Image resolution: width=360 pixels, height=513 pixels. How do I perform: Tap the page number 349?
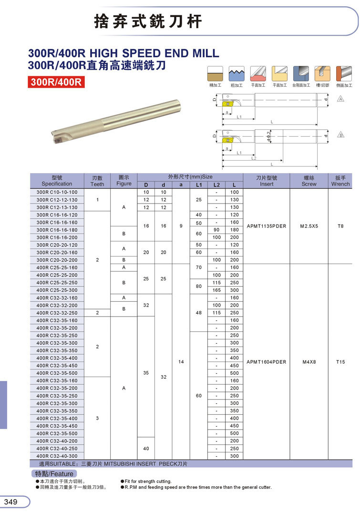(x=11, y=502)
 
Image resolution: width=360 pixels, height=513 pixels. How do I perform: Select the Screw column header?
(x=309, y=181)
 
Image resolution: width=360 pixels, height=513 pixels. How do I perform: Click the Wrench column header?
(x=340, y=181)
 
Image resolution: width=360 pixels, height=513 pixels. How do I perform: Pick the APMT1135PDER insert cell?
(x=267, y=226)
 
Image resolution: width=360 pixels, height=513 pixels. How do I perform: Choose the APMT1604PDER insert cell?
(x=267, y=362)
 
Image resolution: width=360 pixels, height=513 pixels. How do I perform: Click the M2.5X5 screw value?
(x=309, y=226)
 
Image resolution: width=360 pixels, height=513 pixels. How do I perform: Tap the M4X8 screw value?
(x=309, y=362)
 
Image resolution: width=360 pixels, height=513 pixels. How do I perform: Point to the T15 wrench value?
(x=340, y=362)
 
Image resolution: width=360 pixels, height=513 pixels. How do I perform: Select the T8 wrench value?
(x=340, y=226)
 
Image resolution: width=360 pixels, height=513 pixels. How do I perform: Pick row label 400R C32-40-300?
(x=57, y=456)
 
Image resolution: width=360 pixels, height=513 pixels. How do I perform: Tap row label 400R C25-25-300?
(x=57, y=290)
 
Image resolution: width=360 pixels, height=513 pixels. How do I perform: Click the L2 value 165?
(x=216, y=290)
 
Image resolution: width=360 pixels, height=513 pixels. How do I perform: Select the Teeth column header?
(x=97, y=181)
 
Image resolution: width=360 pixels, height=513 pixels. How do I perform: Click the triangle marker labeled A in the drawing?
(x=340, y=99)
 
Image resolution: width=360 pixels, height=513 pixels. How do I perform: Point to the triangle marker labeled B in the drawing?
(x=340, y=135)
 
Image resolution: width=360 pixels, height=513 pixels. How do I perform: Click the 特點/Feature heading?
(x=54, y=474)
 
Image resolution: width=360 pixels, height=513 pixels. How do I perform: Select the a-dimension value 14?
(x=181, y=362)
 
